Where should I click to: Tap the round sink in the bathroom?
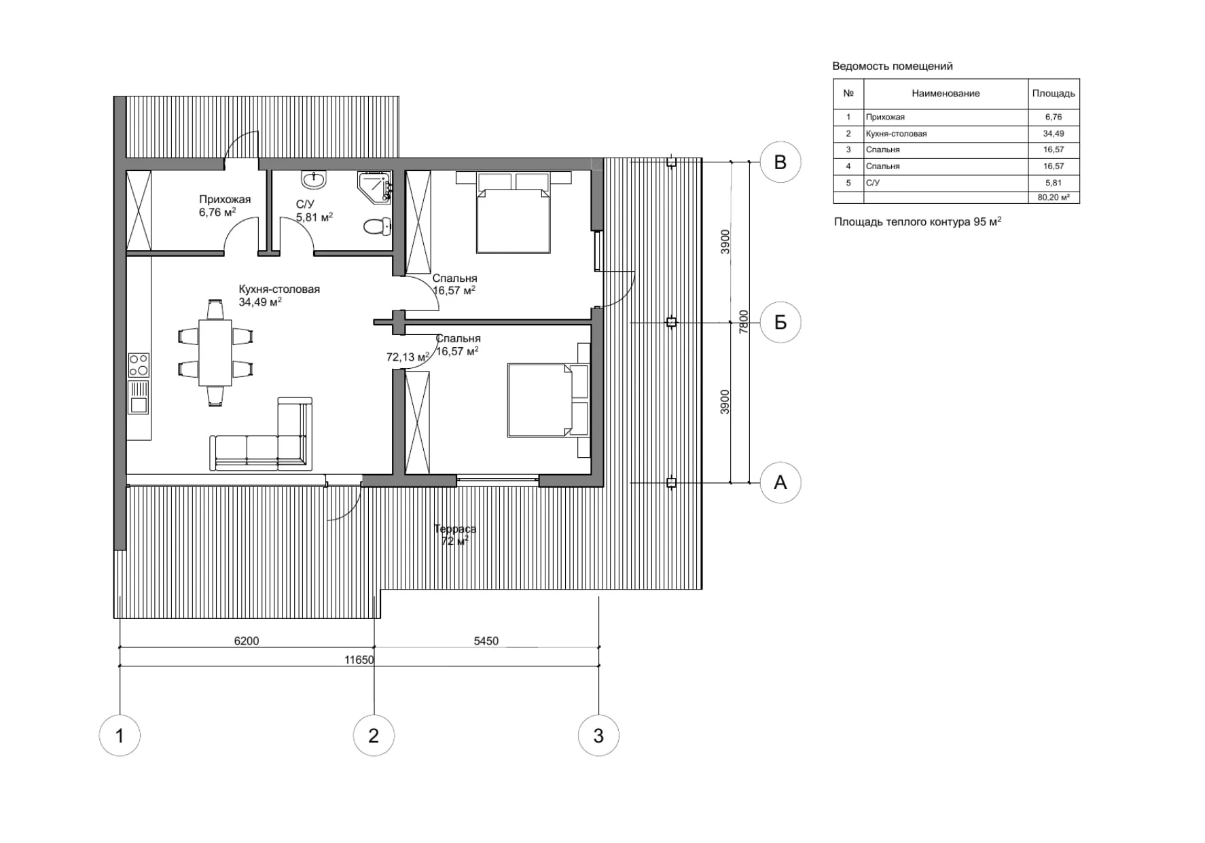coord(314,180)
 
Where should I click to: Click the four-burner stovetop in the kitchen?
coord(139,365)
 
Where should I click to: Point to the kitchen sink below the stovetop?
coord(139,397)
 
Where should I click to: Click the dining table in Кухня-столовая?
coord(215,353)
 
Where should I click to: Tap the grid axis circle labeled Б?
coord(780,322)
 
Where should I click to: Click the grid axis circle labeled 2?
coord(374,736)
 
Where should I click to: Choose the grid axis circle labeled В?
coord(780,162)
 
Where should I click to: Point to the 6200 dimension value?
coord(247,641)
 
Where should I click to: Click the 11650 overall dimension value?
coord(359,660)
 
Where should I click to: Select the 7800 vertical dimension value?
coord(744,321)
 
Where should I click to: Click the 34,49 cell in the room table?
coord(1054,134)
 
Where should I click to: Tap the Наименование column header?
coord(946,94)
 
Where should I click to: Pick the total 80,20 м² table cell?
coord(1054,198)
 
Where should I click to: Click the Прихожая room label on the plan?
coord(225,200)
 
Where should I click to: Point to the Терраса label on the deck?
coord(455,528)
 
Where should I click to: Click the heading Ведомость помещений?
coord(892,67)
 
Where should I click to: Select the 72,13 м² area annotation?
coord(408,357)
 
